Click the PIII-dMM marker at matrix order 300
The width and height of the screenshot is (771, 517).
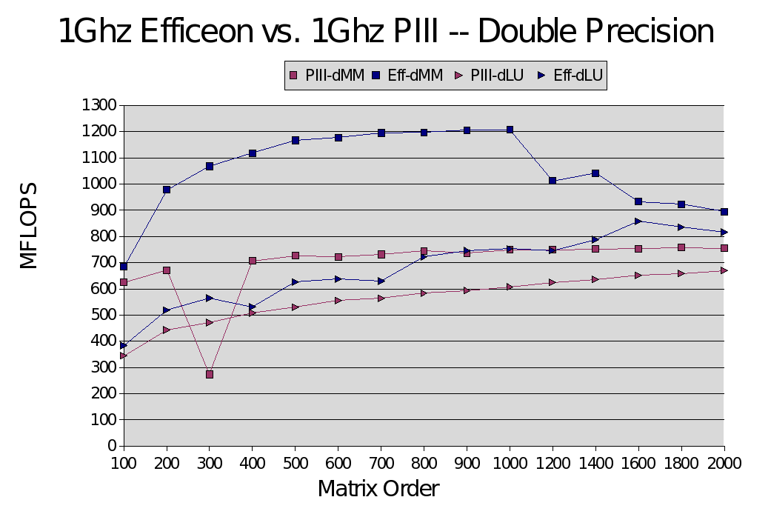tap(210, 374)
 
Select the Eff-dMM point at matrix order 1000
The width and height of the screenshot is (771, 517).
tap(510, 130)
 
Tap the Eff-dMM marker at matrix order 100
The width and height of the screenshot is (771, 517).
tap(124, 266)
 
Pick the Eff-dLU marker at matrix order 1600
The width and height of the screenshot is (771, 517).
tap(638, 221)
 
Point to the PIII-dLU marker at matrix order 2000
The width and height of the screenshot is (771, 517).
tap(724, 270)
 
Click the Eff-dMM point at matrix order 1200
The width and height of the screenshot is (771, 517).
tap(553, 180)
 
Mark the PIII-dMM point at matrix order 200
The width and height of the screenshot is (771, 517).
tap(167, 270)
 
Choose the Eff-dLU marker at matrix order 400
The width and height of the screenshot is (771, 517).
tap(253, 307)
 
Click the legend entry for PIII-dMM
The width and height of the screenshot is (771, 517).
tap(327, 75)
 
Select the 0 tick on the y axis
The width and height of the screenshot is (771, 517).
tap(112, 446)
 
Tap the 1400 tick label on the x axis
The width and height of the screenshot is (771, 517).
tap(595, 462)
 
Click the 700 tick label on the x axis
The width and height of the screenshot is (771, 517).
tap(381, 462)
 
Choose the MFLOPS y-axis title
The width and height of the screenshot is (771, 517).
tap(29, 225)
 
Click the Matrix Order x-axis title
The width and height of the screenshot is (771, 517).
tap(378, 489)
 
